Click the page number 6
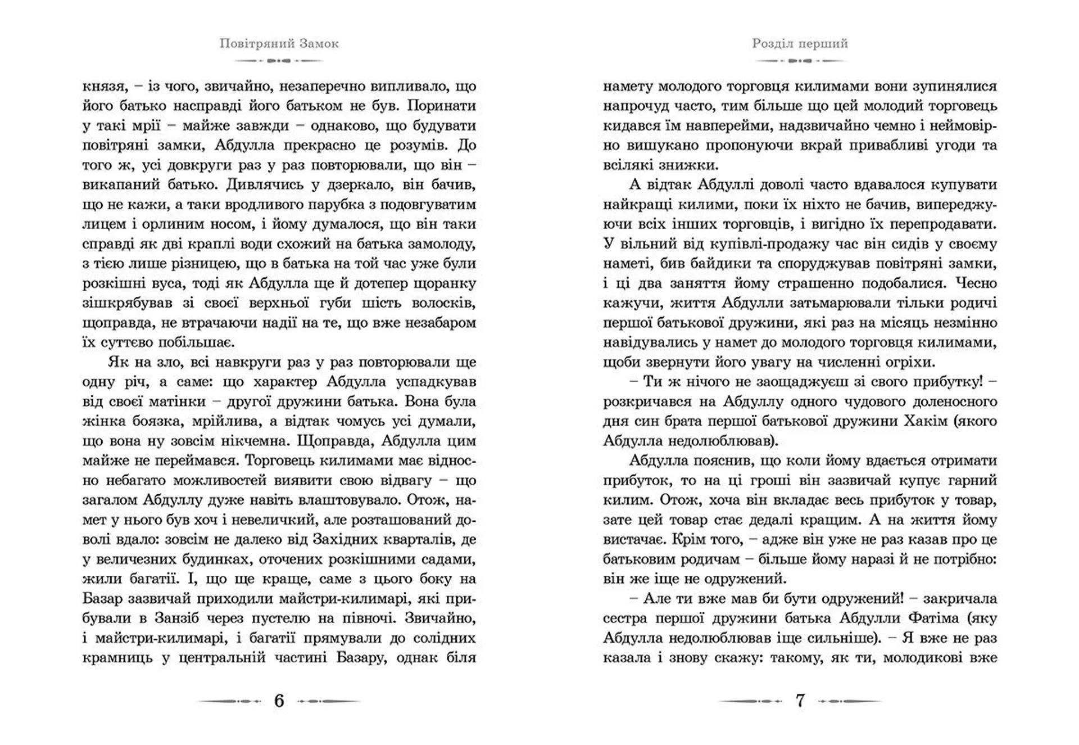click(279, 701)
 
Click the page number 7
click(800, 701)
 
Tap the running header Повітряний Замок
click(279, 43)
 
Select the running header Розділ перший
click(800, 43)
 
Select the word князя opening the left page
click(102, 87)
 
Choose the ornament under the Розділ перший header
click(800, 60)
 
